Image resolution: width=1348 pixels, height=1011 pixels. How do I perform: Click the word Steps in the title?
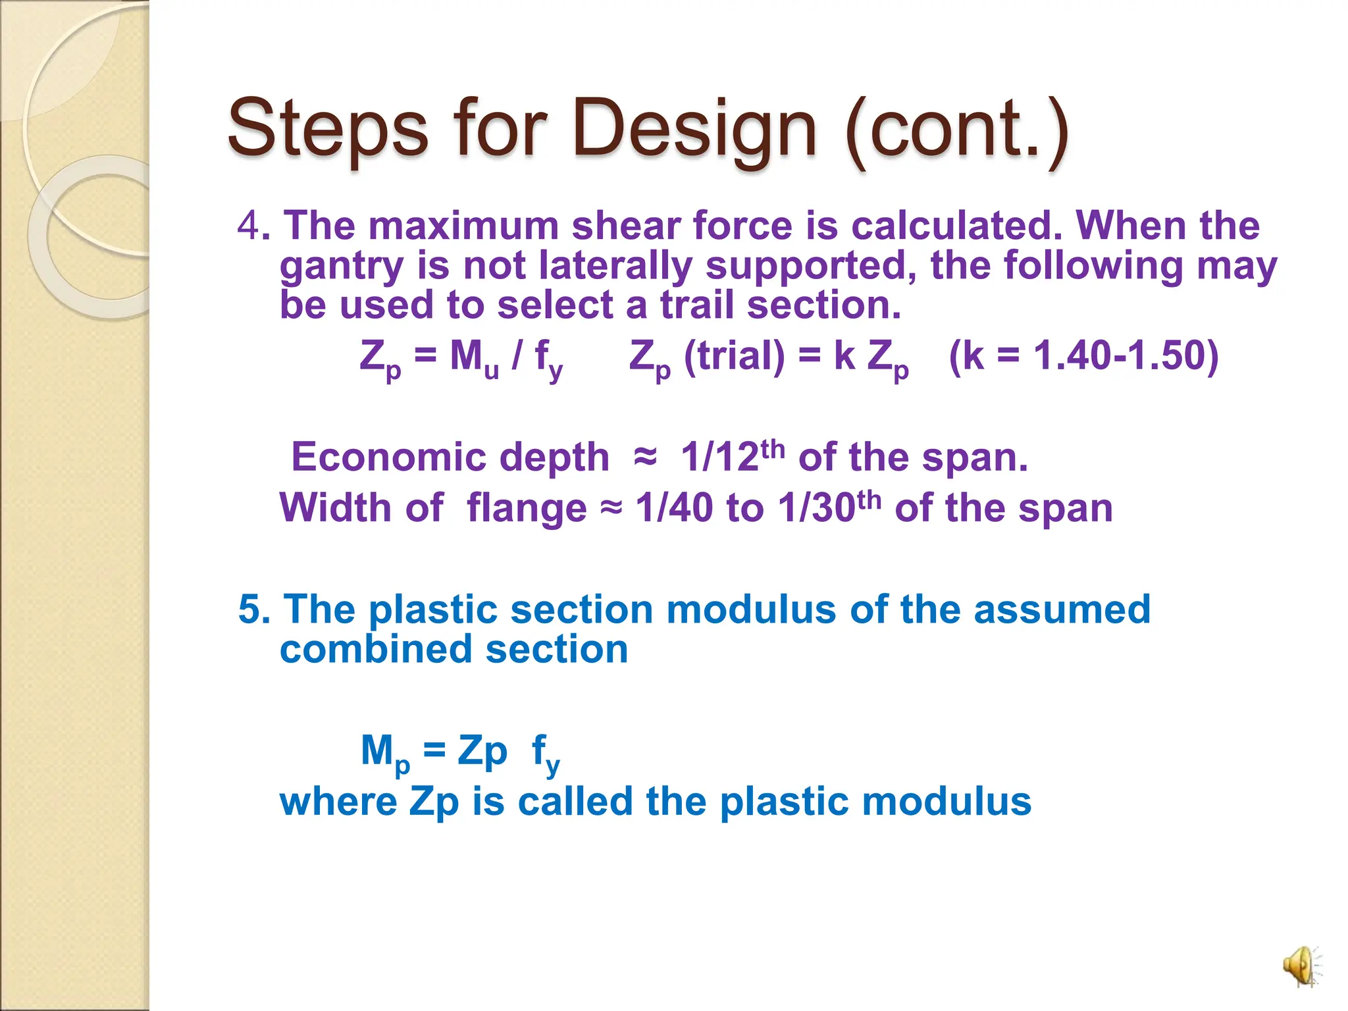pyautogui.click(x=327, y=128)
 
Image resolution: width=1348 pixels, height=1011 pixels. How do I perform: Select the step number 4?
pyautogui.click(x=249, y=226)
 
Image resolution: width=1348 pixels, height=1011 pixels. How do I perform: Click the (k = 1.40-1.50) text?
pyautogui.click(x=1083, y=355)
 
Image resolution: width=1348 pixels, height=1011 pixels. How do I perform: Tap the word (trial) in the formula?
pyautogui.click(x=734, y=356)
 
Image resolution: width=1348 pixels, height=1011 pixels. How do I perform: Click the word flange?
pyautogui.click(x=526, y=508)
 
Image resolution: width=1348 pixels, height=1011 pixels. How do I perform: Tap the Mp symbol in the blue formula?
pyautogui.click(x=384, y=752)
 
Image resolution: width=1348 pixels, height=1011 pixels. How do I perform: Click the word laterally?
pyautogui.click(x=615, y=267)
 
